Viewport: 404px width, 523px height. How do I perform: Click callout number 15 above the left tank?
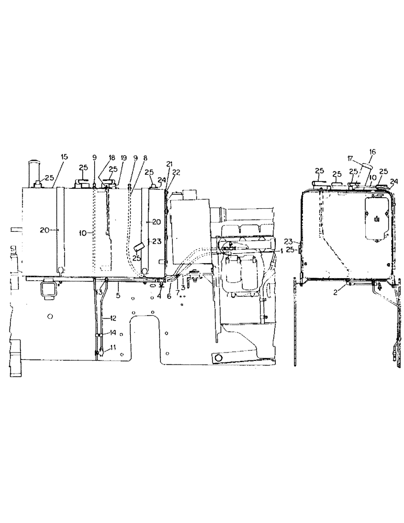64,156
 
